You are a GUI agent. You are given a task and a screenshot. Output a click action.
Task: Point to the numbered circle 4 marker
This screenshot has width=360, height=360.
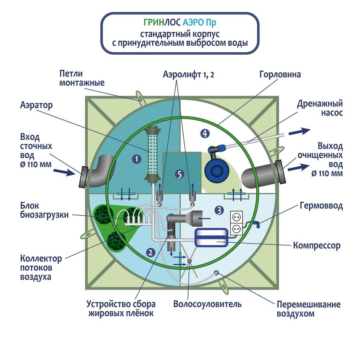coord(204,134)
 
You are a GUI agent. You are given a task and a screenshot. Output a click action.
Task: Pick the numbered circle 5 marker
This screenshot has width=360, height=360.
coord(179,175)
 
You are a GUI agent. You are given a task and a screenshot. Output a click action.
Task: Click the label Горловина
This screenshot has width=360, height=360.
coord(279,75)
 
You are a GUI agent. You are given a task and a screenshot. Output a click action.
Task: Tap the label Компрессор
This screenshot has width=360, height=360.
coord(317,246)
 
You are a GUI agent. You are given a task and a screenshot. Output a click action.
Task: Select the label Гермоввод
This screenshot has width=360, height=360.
coord(321,206)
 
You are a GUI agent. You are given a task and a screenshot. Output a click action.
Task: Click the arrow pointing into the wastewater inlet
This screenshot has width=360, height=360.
coord(66,172)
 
